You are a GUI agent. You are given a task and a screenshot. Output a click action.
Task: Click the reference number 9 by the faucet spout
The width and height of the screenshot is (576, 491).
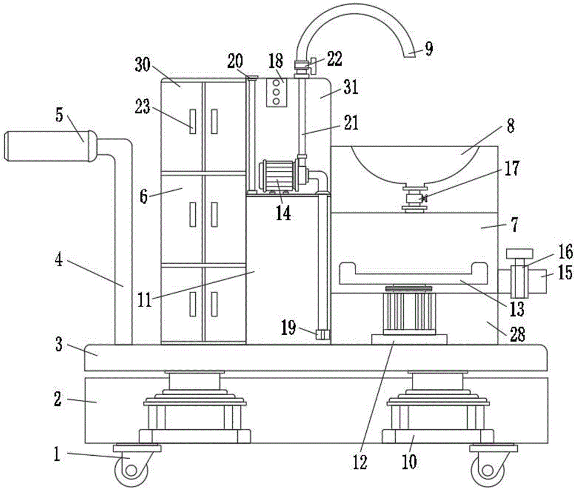(429, 49)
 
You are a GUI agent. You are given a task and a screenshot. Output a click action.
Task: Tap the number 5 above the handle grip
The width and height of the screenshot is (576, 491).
(59, 115)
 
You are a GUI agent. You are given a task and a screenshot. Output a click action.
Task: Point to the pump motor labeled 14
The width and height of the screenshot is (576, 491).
(279, 177)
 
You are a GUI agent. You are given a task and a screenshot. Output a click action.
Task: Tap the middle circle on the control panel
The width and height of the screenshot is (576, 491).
(276, 92)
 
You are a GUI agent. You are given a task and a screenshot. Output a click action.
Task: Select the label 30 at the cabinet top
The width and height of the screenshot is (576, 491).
(142, 66)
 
